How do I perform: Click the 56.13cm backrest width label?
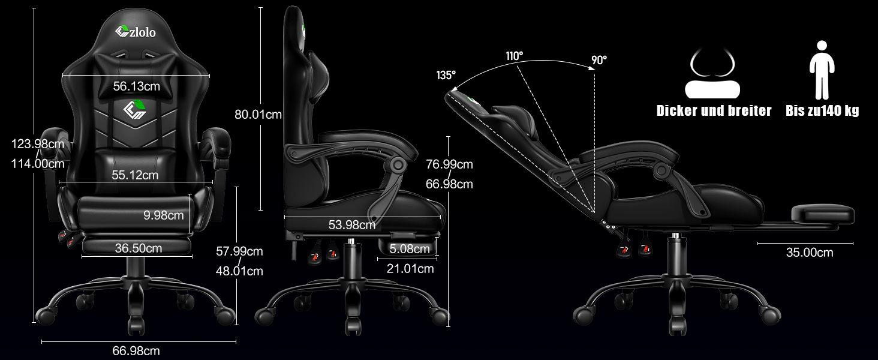click(136, 86)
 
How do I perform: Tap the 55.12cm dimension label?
click(135, 175)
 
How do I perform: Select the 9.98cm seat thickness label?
click(164, 215)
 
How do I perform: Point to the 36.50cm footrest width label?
click(139, 248)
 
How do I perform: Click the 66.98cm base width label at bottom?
click(136, 350)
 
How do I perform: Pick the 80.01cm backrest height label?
click(258, 115)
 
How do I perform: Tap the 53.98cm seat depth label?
click(352, 225)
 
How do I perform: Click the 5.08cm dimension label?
click(410, 248)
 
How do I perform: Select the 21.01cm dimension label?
click(410, 269)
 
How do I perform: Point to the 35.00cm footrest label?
click(810, 253)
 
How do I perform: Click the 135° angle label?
click(446, 75)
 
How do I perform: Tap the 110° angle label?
click(514, 56)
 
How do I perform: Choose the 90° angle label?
click(599, 60)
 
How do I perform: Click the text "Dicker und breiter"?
click(714, 110)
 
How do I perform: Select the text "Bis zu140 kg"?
click(822, 110)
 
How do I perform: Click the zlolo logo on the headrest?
click(135, 32)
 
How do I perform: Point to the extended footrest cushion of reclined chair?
click(822, 214)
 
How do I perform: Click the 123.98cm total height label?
click(38, 144)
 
